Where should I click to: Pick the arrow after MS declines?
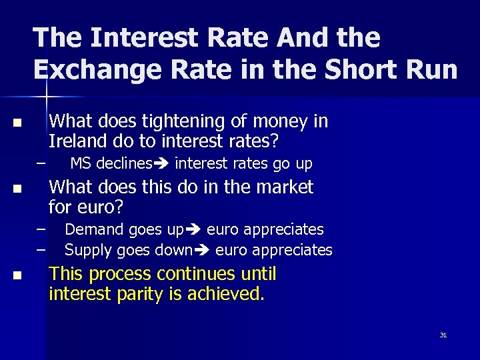click(x=162, y=163)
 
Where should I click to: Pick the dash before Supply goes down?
click(x=41, y=249)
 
